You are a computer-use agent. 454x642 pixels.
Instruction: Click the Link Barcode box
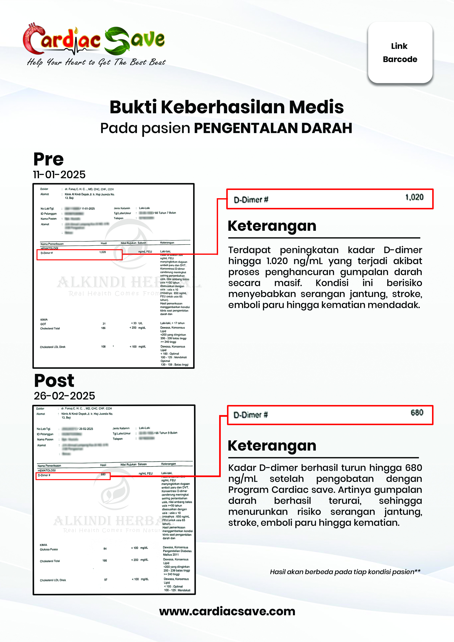click(x=400, y=52)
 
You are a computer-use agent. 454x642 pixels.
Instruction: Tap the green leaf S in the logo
click(x=117, y=41)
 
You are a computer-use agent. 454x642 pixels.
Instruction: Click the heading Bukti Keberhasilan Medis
click(x=227, y=107)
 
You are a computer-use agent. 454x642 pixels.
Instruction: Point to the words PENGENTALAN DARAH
click(x=273, y=128)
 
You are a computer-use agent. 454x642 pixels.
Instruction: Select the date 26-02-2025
click(x=64, y=396)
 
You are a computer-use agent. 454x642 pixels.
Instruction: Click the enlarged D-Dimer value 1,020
click(x=414, y=197)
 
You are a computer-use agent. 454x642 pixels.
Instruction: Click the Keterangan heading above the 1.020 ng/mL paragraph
click(x=272, y=226)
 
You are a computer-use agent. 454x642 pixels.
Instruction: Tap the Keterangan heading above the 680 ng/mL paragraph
click(x=272, y=446)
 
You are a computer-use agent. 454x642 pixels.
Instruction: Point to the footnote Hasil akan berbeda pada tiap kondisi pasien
click(x=345, y=572)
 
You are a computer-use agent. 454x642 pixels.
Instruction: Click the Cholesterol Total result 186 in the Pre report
click(x=103, y=328)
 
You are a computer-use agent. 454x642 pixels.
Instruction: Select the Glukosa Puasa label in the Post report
click(x=49, y=549)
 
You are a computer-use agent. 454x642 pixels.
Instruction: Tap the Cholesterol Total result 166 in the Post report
click(x=105, y=561)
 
